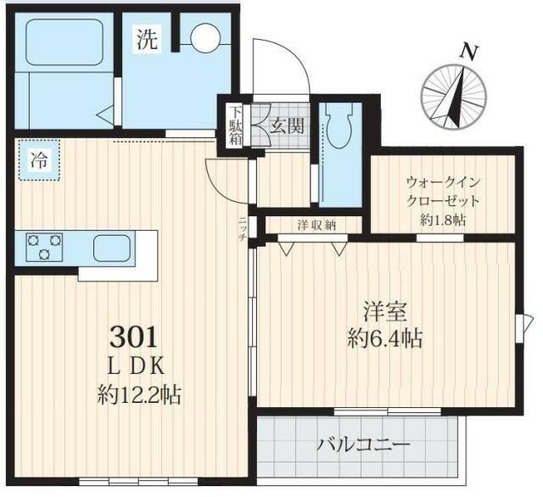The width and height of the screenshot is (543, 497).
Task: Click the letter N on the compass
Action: pyautogui.click(x=466, y=51)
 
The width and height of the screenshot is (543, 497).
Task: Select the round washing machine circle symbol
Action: pyautogui.click(x=204, y=37)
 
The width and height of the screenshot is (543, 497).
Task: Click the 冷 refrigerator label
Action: pyautogui.click(x=38, y=159)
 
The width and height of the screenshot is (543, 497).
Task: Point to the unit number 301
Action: pyautogui.click(x=133, y=338)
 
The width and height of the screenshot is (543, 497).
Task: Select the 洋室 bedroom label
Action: pyautogui.click(x=383, y=310)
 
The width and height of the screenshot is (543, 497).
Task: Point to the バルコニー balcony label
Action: pyautogui.click(x=364, y=444)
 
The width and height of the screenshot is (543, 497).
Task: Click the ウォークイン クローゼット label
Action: pyautogui.click(x=443, y=191)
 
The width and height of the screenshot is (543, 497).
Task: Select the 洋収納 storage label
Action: pyautogui.click(x=316, y=225)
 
